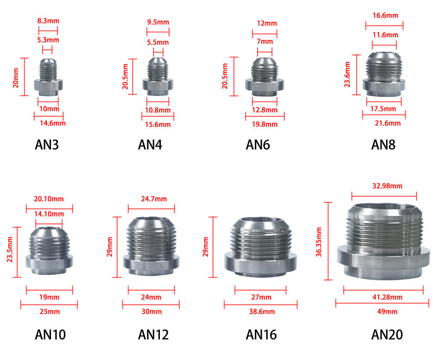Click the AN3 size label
(x=47, y=145)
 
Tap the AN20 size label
(x=387, y=334)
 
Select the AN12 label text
(x=153, y=334)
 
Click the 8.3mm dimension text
(x=48, y=21)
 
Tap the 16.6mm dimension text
(x=385, y=15)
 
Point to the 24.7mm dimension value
(x=151, y=199)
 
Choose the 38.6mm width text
(x=261, y=311)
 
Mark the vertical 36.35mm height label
(x=318, y=241)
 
